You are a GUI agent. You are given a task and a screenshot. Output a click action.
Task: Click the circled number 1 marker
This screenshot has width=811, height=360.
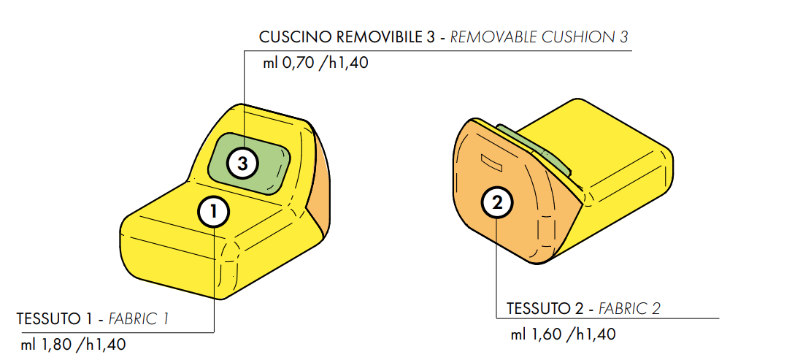tap(214, 211)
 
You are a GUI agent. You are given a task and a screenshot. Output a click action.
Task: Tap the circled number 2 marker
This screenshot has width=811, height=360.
tap(496, 203)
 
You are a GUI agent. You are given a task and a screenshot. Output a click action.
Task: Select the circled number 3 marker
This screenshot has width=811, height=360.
tap(243, 164)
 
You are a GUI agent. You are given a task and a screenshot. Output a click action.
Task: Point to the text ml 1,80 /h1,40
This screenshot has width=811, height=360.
tap(74, 344)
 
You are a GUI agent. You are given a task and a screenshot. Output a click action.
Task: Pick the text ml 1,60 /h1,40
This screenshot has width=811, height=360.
tap(564, 334)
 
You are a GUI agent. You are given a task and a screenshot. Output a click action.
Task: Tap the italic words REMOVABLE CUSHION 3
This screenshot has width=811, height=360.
tap(539, 38)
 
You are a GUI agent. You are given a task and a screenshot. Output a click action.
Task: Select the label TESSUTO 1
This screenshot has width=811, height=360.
tap(56, 318)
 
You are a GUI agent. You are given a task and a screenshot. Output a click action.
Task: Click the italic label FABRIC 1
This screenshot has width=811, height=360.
tap(138, 318)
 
